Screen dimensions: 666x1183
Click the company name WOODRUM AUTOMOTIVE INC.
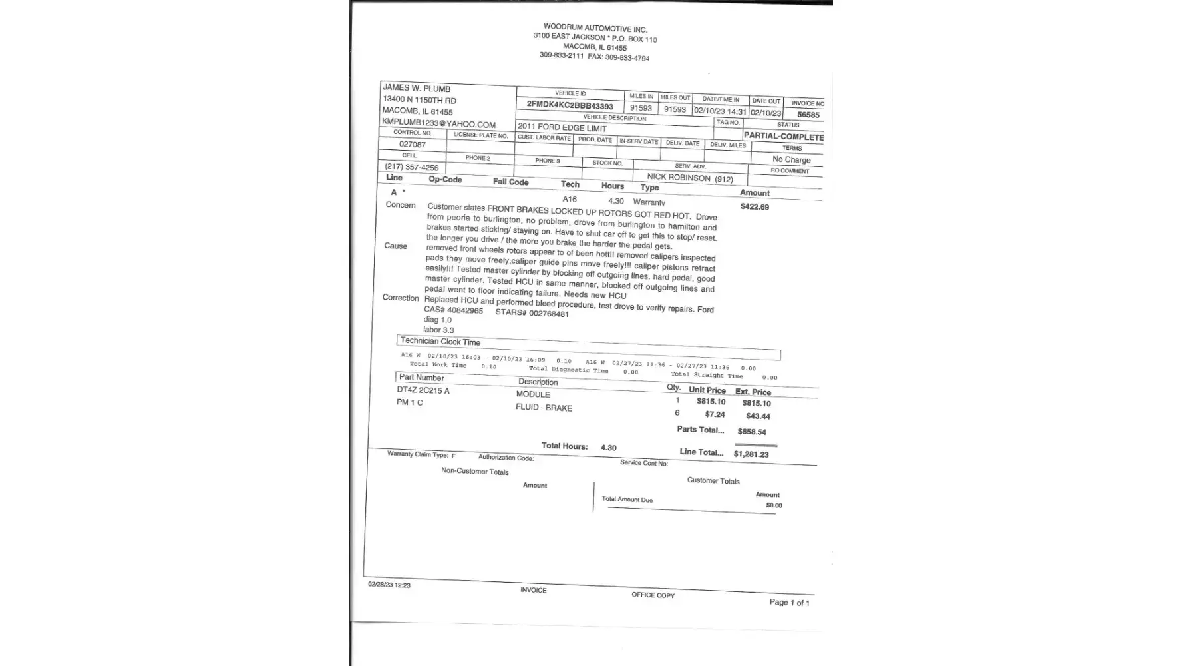coord(595,29)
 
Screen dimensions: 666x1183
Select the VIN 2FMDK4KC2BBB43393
coord(570,106)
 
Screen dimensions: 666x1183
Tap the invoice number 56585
coord(808,115)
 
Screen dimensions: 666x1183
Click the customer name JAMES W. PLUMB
coord(417,88)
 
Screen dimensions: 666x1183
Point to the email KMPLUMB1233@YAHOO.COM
coord(438,124)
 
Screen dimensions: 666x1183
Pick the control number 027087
coord(413,144)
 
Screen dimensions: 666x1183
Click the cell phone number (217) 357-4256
coord(411,167)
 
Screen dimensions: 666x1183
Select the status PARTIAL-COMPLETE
coord(783,137)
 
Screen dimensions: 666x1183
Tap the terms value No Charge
coord(791,159)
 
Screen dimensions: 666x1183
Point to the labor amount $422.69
coord(755,207)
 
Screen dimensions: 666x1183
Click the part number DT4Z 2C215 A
coord(423,390)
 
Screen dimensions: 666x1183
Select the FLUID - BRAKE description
coord(544,408)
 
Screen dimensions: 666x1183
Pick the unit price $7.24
coord(715,414)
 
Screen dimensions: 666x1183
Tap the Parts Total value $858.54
coord(752,432)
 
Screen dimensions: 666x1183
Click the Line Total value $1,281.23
coord(751,454)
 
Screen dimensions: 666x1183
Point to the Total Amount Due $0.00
coord(774,505)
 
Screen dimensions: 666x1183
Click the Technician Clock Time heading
coord(440,342)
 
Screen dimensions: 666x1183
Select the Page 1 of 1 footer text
coord(789,602)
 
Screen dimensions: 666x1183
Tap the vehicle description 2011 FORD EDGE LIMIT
coord(562,128)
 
